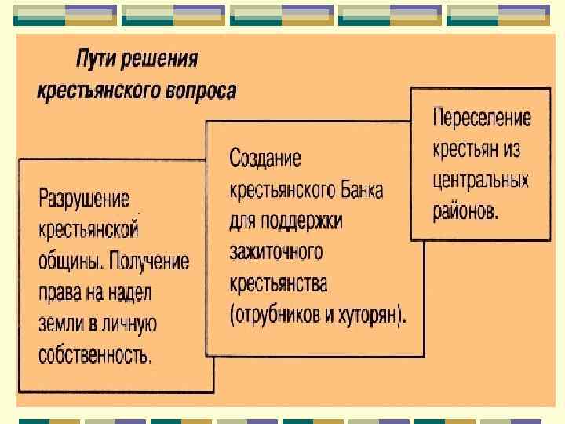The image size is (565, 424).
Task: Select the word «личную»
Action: (132, 323)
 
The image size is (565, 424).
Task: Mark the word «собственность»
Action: (95, 355)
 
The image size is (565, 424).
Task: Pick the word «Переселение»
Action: (482, 119)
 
